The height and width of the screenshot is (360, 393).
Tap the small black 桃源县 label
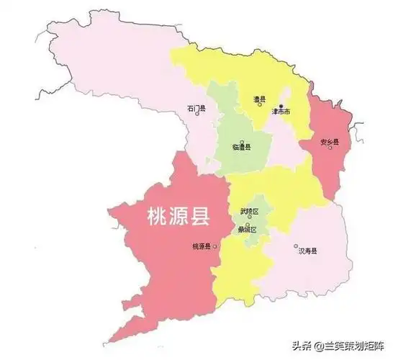201,247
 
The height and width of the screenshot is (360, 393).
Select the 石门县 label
196,109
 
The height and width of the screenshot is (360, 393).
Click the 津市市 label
281,113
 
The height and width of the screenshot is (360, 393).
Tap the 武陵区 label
250,210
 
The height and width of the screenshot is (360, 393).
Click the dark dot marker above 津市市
281,106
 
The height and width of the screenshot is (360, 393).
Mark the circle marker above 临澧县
243,140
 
